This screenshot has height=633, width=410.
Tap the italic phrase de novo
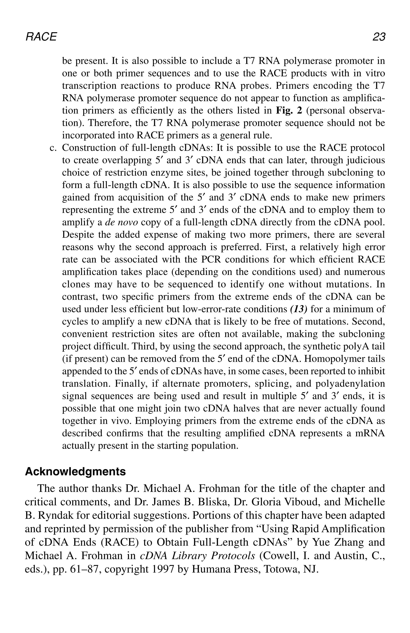pos(122,222)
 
